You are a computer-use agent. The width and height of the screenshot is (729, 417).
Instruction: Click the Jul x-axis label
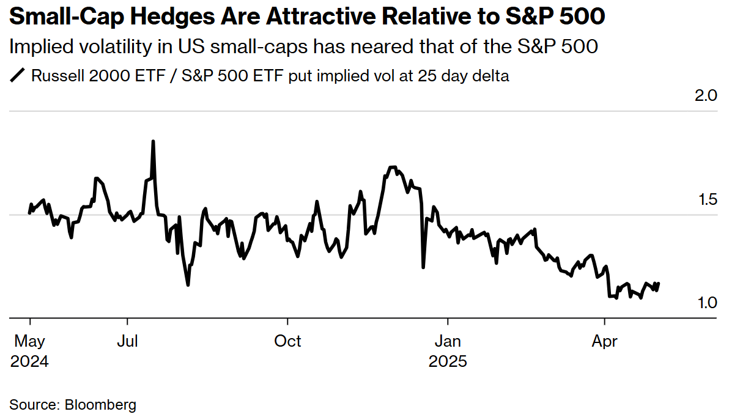(x=127, y=341)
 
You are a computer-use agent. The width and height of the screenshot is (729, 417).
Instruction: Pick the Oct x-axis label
(x=287, y=341)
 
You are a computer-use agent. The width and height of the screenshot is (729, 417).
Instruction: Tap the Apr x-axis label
(x=605, y=341)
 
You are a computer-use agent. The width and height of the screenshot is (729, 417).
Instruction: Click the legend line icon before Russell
(x=18, y=76)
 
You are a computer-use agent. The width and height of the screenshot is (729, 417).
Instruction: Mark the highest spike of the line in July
(x=153, y=141)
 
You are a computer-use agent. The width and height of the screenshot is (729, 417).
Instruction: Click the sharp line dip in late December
(x=423, y=267)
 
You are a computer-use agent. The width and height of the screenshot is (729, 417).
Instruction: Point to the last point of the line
(x=659, y=283)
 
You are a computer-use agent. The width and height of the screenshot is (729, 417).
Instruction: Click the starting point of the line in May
(x=29, y=213)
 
